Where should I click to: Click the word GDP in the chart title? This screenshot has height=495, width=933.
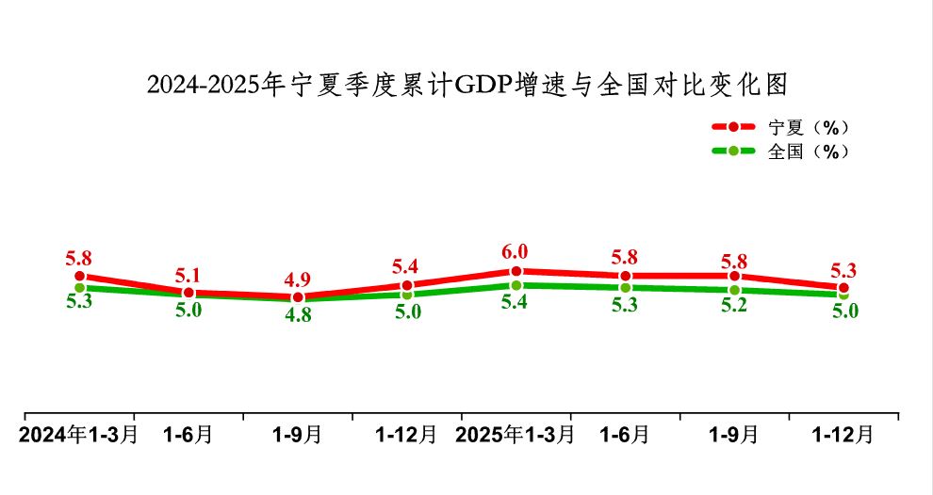point(481,86)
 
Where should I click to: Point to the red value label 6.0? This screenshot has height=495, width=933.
point(515,252)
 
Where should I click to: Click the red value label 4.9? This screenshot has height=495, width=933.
point(297,279)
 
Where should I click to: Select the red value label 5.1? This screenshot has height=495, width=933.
point(188,275)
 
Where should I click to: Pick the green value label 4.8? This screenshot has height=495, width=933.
point(297,316)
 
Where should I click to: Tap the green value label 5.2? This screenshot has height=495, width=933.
point(733,307)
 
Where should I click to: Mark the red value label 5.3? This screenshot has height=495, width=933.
point(843,271)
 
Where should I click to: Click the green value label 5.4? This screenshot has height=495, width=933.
point(515,303)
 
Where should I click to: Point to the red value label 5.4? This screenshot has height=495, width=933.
point(405,265)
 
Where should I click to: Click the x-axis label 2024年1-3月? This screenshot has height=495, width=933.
point(79,435)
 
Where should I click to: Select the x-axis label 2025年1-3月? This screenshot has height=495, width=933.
point(515,435)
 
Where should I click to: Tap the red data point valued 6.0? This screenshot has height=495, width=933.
point(516,271)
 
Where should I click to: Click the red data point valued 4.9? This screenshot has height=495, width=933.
point(298,297)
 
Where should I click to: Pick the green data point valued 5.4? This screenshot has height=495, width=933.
point(516,285)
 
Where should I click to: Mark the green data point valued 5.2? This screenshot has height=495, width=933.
point(734,290)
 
